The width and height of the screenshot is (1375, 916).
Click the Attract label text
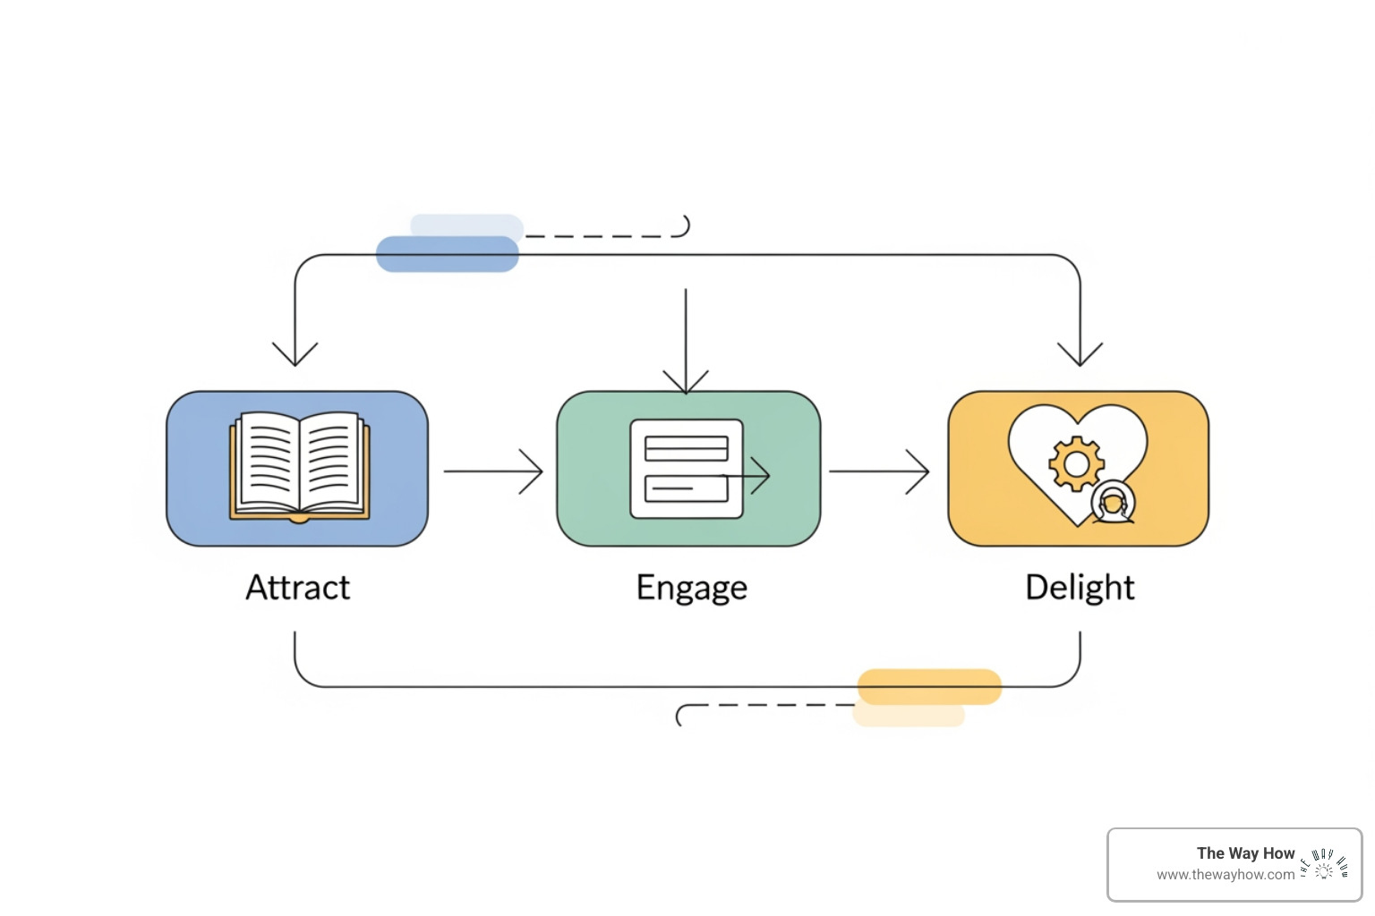(x=297, y=588)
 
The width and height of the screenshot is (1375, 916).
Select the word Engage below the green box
(x=691, y=589)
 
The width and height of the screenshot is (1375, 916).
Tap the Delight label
(x=1080, y=589)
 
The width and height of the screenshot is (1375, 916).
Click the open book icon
(x=299, y=466)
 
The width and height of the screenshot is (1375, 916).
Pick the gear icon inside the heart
(x=1076, y=462)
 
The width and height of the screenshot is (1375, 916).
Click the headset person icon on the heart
(x=1113, y=503)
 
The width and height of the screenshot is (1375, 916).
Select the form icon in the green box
(x=687, y=469)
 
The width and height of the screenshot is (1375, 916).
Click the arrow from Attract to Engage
(x=493, y=471)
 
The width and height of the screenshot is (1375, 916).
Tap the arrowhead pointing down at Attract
(x=295, y=353)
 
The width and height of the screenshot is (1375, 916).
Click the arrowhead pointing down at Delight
(x=1080, y=353)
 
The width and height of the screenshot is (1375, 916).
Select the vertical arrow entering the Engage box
(x=686, y=340)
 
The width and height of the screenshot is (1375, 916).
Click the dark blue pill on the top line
(x=447, y=254)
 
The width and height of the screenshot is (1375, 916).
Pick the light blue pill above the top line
(x=466, y=225)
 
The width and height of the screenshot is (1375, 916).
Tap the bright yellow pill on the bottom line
(x=929, y=686)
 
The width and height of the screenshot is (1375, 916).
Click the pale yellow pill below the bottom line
(x=909, y=716)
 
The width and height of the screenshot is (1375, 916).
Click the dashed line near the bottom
(x=770, y=705)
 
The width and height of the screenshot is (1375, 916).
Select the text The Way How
(x=1245, y=853)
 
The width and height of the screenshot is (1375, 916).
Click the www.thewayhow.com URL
(x=1225, y=875)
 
